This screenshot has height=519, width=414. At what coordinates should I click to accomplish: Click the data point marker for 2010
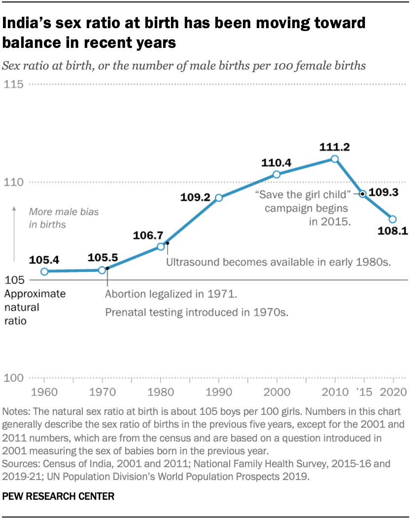[335, 159]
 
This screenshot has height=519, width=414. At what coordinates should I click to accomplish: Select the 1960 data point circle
[44, 272]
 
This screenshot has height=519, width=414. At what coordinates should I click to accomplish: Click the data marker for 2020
[393, 219]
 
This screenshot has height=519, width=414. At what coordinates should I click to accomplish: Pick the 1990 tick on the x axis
[218, 393]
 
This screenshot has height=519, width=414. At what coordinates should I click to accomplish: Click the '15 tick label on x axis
[364, 393]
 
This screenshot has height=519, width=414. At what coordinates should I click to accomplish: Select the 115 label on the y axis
[14, 85]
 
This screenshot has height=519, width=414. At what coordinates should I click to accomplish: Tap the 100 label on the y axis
[14, 378]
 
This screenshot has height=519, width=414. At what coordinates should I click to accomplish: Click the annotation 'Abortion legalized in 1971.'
[171, 295]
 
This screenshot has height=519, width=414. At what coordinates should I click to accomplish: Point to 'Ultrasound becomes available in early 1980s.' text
[278, 262]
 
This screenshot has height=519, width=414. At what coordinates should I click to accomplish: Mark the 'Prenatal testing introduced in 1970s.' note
[196, 312]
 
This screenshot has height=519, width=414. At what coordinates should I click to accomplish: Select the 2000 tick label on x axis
[276, 393]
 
